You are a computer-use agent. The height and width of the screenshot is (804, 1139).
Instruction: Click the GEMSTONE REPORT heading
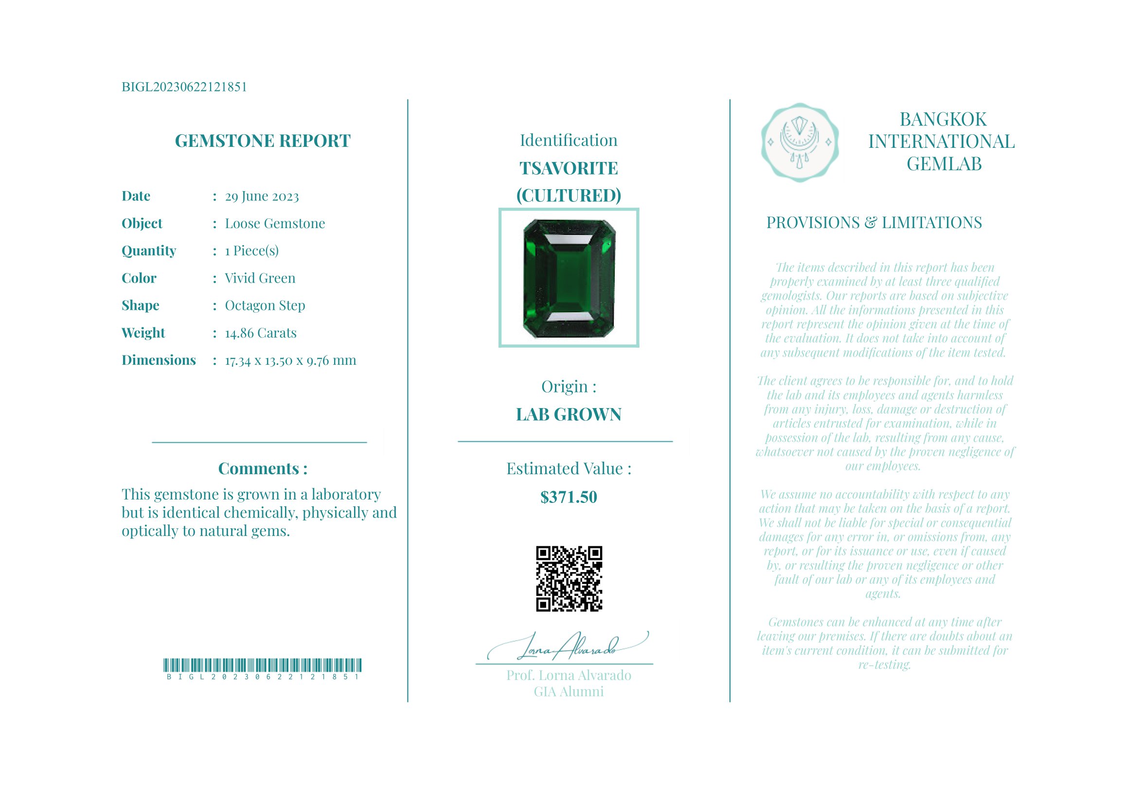263,141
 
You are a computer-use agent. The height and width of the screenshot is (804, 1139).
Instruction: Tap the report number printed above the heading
184,87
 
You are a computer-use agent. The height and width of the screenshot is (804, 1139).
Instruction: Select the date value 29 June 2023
262,197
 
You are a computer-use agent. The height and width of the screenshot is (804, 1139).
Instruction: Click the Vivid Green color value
260,278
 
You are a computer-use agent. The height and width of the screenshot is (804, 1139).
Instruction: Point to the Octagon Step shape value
265,305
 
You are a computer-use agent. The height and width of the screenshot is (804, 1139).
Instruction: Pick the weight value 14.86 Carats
261,333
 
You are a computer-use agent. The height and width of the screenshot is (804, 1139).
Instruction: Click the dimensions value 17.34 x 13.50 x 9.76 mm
290,360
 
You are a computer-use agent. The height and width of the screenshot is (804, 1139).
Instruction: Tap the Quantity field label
149,251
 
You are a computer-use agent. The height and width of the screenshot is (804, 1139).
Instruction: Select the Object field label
142,224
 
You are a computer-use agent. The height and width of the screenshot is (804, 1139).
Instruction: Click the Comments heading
263,469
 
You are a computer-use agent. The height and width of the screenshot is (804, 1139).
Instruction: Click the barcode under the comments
263,665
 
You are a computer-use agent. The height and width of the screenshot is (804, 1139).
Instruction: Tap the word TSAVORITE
569,169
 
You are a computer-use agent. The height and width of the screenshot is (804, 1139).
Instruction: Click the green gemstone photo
569,278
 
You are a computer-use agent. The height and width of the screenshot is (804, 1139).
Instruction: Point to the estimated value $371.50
569,497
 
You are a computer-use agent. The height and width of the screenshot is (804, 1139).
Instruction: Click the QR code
569,579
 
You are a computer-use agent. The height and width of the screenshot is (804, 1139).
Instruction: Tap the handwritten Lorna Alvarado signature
568,647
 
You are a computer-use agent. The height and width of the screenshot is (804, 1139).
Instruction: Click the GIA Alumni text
569,692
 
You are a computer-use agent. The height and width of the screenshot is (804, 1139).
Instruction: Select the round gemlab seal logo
799,143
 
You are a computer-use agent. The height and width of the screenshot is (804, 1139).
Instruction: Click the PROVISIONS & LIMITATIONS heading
873,223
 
